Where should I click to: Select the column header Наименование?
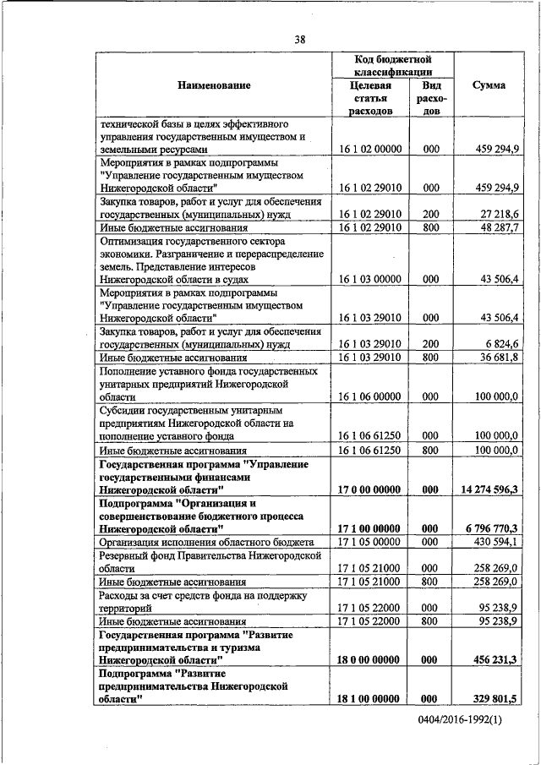215,86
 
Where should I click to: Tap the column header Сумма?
489,86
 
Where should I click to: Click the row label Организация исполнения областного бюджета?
206,541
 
